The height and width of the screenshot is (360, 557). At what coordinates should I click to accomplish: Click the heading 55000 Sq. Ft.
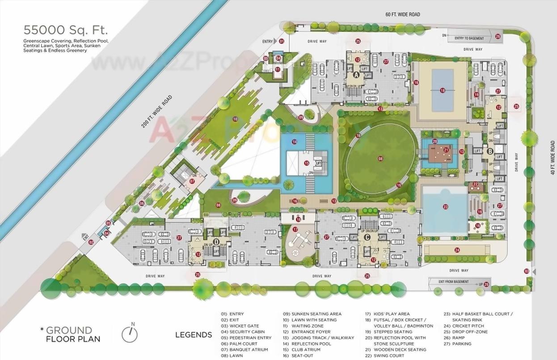point(65,30)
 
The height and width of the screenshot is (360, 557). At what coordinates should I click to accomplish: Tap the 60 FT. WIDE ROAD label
point(403,15)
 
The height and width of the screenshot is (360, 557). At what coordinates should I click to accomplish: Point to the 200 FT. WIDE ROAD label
point(156,112)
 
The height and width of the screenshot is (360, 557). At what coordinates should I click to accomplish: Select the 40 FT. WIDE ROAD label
point(553,157)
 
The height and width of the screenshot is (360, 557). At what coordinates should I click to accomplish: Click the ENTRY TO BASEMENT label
point(469,38)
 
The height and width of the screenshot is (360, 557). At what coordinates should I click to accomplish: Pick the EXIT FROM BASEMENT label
point(454,282)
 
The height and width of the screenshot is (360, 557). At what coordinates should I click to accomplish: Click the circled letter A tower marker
point(357,75)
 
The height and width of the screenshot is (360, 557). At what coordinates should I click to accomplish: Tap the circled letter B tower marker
point(490,151)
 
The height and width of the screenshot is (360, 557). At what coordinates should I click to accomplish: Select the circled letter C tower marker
point(367,237)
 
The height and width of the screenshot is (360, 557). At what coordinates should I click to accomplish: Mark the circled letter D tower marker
point(216,242)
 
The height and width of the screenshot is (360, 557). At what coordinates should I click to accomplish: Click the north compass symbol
point(130,333)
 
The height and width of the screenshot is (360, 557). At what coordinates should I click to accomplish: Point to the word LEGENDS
point(194,335)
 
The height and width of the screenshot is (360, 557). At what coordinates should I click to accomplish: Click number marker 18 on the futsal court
point(443,90)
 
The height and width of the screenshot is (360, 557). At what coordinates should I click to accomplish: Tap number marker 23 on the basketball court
point(445,206)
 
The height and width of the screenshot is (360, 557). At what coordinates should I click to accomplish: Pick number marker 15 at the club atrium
point(306,163)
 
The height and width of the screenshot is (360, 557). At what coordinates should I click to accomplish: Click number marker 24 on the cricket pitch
point(457,250)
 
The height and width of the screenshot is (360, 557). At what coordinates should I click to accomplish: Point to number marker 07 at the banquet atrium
point(192,181)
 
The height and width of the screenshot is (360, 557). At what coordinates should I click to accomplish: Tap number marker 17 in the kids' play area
point(295,229)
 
